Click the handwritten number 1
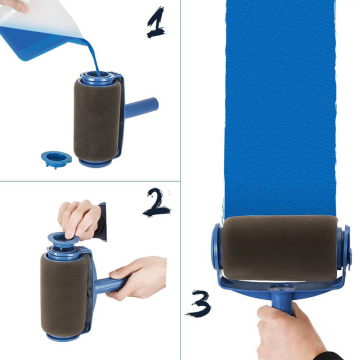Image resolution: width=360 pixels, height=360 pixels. click(x=156, y=21)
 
